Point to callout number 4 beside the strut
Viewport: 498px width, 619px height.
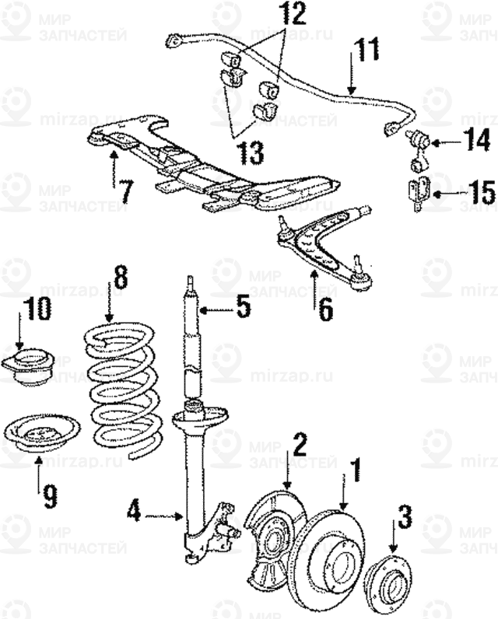[135, 513]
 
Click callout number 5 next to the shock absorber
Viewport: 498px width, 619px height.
[244, 309]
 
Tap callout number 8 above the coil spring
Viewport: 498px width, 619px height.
[119, 279]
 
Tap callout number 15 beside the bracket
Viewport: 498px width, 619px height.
[477, 192]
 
